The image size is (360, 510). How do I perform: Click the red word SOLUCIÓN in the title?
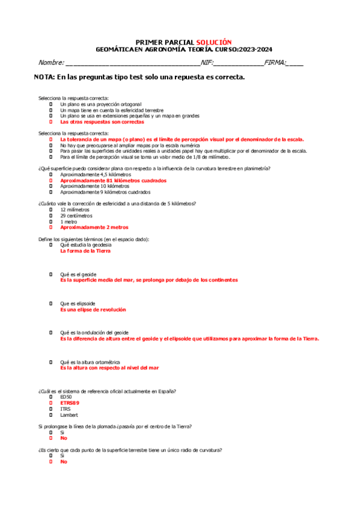point(213,42)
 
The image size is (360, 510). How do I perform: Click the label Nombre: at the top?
point(51,63)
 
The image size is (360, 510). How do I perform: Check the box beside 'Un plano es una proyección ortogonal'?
point(52,104)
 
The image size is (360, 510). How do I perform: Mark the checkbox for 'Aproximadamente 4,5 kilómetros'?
point(52,174)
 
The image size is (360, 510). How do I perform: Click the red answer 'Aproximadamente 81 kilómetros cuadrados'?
point(113,180)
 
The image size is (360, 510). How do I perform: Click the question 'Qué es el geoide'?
point(78,274)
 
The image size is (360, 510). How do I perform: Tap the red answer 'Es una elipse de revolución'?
point(93,309)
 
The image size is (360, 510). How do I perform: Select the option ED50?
point(66,397)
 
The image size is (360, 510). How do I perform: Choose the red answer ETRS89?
point(69,403)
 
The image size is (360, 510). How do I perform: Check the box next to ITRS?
point(52,409)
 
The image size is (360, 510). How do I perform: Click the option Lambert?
point(69,415)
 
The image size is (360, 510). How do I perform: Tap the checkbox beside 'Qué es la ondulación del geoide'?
point(52,333)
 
